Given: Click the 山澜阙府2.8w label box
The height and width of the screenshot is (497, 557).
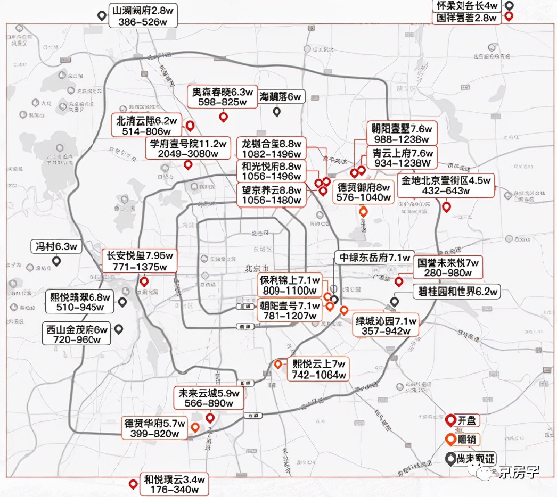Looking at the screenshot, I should pyautogui.click(x=143, y=16).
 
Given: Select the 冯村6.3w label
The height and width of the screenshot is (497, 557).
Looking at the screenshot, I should pyautogui.click(x=56, y=246).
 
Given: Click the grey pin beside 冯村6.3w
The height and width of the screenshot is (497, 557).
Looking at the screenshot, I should pyautogui.click(x=56, y=261).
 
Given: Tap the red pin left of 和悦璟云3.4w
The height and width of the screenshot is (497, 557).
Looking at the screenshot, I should pyautogui.click(x=133, y=484).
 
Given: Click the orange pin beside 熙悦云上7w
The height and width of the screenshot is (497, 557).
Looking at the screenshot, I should pyautogui.click(x=278, y=365).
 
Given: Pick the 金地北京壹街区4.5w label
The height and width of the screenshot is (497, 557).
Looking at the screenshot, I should pyautogui.click(x=446, y=185).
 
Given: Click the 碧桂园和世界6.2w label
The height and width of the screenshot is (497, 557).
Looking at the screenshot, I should pyautogui.click(x=457, y=292).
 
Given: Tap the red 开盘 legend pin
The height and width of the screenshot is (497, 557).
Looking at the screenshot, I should pyautogui.click(x=450, y=420).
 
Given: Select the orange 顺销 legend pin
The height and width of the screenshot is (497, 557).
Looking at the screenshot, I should pyautogui.click(x=450, y=440).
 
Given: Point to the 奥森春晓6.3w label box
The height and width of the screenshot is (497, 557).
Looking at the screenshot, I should pyautogui.click(x=223, y=96).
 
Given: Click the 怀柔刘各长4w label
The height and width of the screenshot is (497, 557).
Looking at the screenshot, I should pyautogui.click(x=467, y=6).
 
